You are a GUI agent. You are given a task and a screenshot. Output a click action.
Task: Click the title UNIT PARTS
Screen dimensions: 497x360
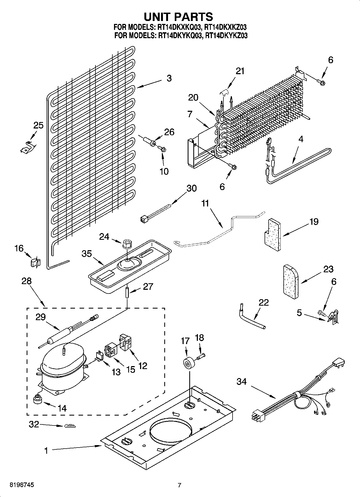[179, 17]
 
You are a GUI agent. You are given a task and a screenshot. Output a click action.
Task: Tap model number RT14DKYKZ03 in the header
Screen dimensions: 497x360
[226, 35]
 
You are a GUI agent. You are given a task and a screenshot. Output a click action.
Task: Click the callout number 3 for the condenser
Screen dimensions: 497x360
[169, 78]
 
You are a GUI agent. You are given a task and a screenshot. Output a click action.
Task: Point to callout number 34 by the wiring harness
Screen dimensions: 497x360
[241, 381]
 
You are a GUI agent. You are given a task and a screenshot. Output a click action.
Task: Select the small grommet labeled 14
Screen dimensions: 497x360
[38, 400]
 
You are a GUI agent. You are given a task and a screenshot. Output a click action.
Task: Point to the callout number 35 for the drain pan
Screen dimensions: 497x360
[87, 254]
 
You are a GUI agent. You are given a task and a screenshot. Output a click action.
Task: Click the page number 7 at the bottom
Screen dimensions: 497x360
[179, 485]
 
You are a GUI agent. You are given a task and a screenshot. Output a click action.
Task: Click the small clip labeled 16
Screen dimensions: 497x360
[35, 262]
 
